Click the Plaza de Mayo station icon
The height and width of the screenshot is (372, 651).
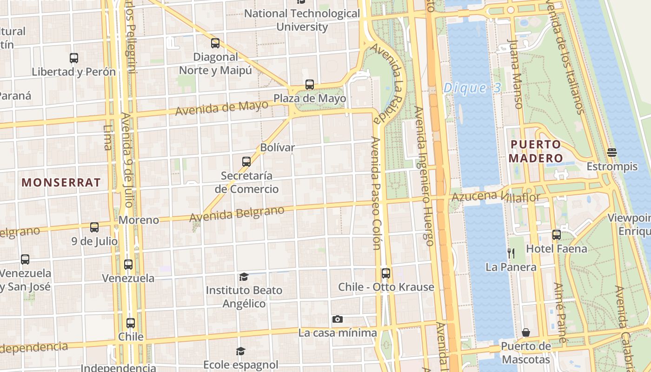[310, 85]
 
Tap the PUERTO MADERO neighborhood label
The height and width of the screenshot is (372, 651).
[536, 151]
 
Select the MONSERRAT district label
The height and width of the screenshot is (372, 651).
[61, 182]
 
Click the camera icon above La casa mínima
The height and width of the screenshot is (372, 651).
[338, 319]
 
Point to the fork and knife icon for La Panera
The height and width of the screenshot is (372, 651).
[511, 253]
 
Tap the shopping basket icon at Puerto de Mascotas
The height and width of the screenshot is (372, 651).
[526, 332]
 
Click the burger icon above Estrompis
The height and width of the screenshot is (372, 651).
[612, 153]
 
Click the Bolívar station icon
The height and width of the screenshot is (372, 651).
[246, 162]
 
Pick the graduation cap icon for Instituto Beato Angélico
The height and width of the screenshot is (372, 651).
[244, 277]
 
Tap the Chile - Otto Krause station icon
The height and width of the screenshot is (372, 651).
[385, 273]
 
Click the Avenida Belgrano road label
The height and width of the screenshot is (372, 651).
[237, 213]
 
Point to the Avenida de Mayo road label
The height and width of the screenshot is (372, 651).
[222, 107]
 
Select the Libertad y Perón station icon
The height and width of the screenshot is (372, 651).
[74, 58]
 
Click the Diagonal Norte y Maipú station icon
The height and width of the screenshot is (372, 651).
[215, 43]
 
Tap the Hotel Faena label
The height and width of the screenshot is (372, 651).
[557, 249]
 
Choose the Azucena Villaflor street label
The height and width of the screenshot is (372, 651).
[496, 197]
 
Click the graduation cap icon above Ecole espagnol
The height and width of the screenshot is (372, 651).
[240, 351]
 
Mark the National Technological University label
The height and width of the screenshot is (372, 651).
[302, 20]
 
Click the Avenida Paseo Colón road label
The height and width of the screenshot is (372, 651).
[376, 193]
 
